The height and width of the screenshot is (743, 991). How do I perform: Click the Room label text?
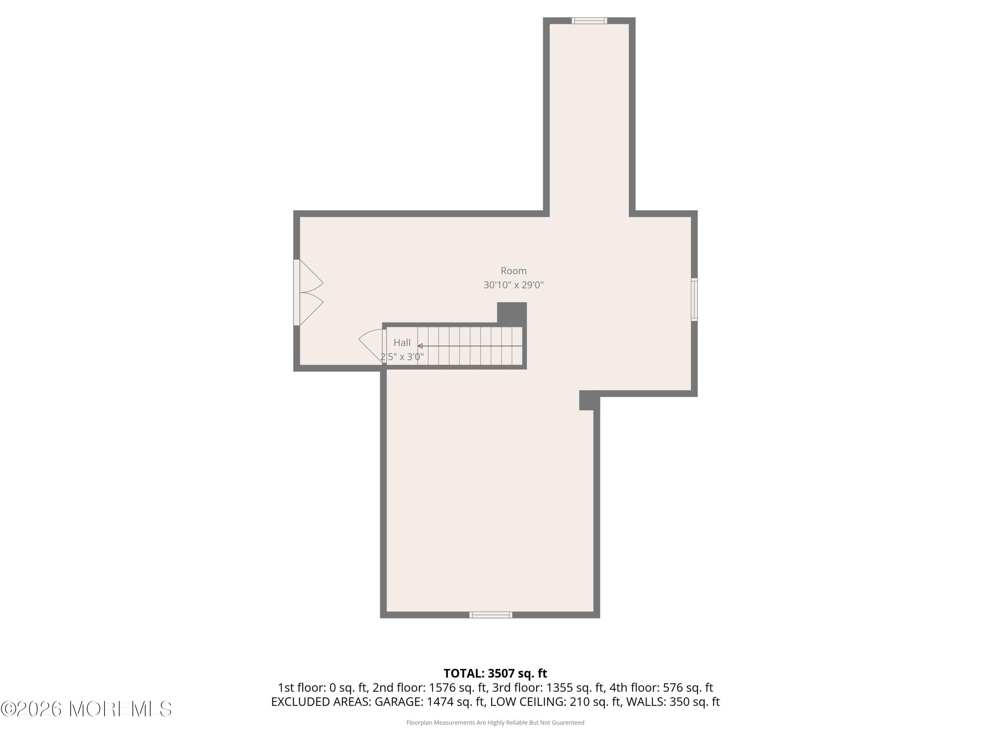click(513, 271)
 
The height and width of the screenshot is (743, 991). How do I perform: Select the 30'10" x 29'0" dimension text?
click(513, 285)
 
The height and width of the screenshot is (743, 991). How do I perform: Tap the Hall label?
click(402, 343)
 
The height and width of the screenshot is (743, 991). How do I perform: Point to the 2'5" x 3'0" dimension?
click(402, 357)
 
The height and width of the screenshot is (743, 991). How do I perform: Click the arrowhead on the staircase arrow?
click(420, 346)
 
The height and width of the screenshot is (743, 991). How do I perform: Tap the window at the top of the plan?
click(589, 20)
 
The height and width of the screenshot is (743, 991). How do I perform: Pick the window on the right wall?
click(694, 299)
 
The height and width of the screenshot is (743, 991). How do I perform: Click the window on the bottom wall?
click(491, 615)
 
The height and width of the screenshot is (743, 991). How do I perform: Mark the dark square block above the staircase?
click(512, 313)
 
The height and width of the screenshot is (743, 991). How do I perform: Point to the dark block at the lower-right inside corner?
click(589, 400)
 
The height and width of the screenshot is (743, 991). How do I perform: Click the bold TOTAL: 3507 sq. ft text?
click(495, 674)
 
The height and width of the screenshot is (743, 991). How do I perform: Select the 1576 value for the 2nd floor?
click(441, 688)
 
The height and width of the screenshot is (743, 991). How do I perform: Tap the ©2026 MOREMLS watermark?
click(86, 709)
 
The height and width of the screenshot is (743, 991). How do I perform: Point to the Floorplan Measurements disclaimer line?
click(495, 723)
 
